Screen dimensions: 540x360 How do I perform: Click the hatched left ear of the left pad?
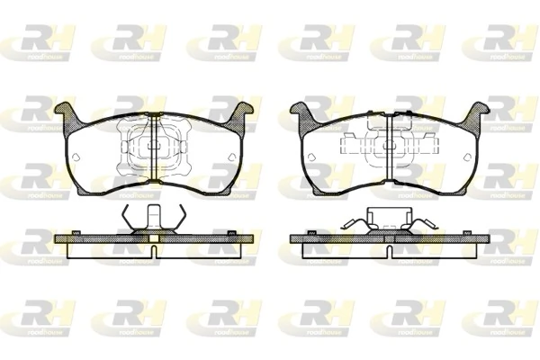pyautogui.click(x=66, y=114)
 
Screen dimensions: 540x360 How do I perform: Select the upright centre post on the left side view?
pyautogui.click(x=153, y=218)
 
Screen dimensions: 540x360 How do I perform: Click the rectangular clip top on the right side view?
pyautogui.click(x=388, y=216)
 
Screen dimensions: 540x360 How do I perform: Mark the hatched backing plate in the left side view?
pyautogui.click(x=99, y=238)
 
